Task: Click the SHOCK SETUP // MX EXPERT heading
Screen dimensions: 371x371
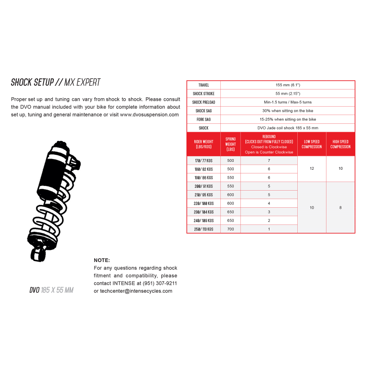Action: pos(56,83)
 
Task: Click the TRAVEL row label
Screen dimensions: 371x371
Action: pos(204,85)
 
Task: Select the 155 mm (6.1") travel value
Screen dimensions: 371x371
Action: pos(288,85)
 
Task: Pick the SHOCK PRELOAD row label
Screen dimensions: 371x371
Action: pos(204,102)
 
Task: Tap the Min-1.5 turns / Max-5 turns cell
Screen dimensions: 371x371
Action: pos(288,102)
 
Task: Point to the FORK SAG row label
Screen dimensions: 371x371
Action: pos(204,119)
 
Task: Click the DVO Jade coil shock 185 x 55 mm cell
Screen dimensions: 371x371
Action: pos(288,128)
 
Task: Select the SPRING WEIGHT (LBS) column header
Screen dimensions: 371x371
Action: pos(230,144)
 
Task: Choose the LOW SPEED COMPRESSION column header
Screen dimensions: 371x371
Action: pos(312,144)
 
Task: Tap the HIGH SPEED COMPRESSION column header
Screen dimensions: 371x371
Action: pos(340,144)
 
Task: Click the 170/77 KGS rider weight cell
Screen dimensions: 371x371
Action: pos(204,160)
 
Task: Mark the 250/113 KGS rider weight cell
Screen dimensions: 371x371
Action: pos(204,229)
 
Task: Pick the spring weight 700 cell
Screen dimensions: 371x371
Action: pos(230,229)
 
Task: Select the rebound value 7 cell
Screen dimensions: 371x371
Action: pos(269,160)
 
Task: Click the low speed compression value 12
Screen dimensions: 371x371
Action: pos(312,168)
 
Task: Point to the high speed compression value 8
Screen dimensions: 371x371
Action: pos(340,207)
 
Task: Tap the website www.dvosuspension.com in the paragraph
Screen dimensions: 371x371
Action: pos(149,115)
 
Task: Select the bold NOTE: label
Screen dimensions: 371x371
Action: pos(102,260)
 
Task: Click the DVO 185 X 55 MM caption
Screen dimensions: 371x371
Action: pos(51,290)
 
